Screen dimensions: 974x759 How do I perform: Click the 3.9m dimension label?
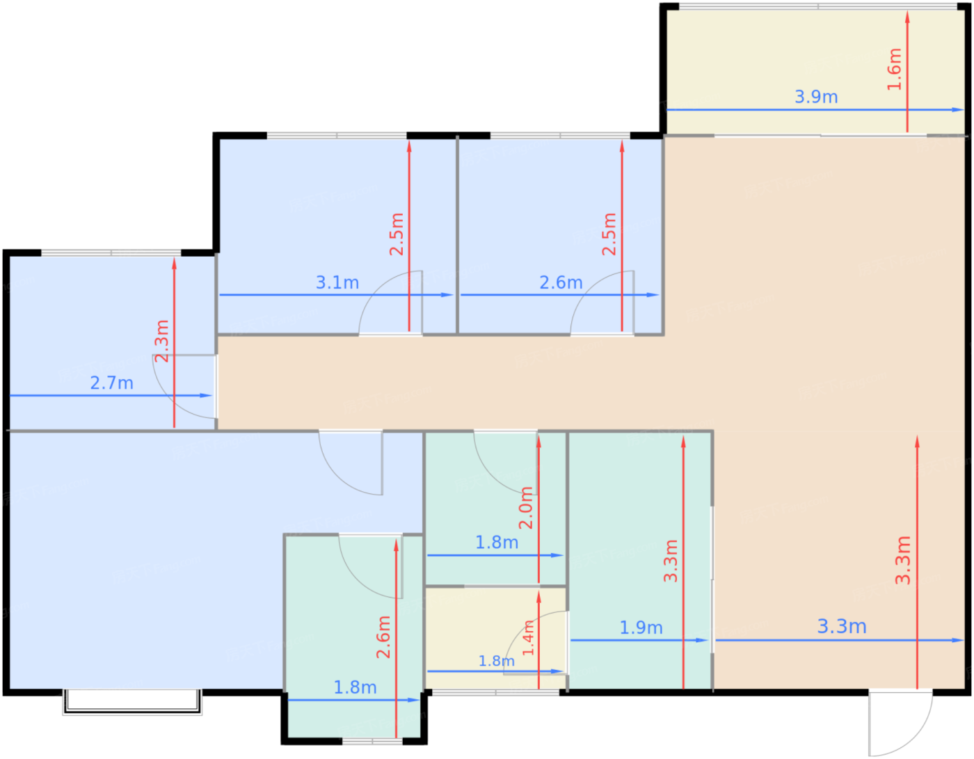tap(816, 97)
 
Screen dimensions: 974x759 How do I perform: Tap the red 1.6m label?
tap(894, 70)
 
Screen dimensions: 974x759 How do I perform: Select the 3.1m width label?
tap(337, 282)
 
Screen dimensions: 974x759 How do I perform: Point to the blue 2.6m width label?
tap(561, 282)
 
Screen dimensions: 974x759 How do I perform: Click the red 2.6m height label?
tap(383, 637)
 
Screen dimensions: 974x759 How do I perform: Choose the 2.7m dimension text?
tap(111, 383)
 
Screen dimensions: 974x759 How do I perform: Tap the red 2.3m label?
tap(161, 342)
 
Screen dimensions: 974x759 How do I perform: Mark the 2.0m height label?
tap(525, 508)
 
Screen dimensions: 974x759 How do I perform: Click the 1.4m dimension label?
tap(529, 637)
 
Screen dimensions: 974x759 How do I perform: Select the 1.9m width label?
tap(641, 628)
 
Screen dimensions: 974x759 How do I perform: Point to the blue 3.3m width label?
tap(842, 626)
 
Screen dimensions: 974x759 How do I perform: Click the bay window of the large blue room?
tap(132, 702)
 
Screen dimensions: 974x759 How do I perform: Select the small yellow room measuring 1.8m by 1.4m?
tap(495, 638)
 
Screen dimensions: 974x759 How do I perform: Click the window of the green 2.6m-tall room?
tap(372, 742)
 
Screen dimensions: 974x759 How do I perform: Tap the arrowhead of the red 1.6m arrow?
tap(908, 17)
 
